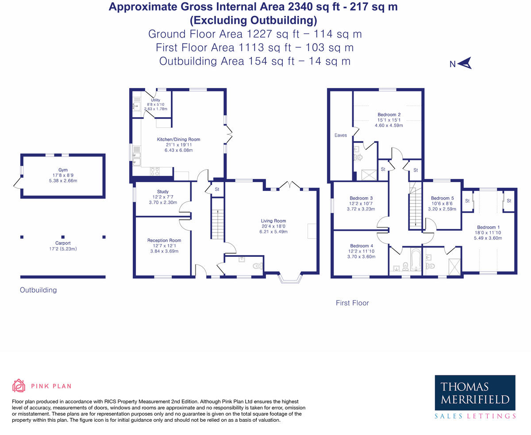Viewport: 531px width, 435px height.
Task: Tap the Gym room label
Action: click(x=63, y=170)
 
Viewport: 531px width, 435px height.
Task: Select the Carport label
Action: click(x=63, y=243)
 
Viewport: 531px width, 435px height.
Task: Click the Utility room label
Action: click(x=155, y=100)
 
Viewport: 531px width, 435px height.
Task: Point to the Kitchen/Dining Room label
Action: click(x=178, y=140)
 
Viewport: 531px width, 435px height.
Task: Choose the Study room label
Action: click(x=162, y=192)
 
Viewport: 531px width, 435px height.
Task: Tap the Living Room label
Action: click(x=273, y=221)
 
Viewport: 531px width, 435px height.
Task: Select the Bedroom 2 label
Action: click(x=386, y=114)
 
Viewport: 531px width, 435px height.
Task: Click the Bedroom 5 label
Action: click(x=442, y=198)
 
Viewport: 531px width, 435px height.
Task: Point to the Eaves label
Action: click(x=340, y=135)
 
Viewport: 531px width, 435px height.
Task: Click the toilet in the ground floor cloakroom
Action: click(x=258, y=266)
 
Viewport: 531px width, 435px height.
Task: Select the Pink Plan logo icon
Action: click(x=19, y=385)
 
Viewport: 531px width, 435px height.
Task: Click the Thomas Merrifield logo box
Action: click(x=475, y=393)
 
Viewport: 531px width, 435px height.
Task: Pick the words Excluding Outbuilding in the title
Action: click(x=253, y=20)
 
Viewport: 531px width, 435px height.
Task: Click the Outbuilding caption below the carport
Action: click(x=38, y=290)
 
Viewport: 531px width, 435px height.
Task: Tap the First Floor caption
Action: click(x=352, y=303)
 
